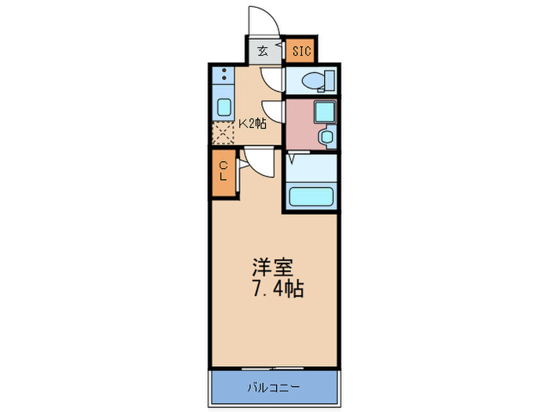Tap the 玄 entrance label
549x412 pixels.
(263, 53)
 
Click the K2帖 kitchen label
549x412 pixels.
(253, 122)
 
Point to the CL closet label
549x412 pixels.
(224, 170)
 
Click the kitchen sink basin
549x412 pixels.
(224, 108)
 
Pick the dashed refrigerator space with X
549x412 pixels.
(224, 134)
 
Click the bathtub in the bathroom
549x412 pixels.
(311, 195)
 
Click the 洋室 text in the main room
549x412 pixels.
(267, 267)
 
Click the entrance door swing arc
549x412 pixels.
(261, 22)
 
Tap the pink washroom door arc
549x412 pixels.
(273, 111)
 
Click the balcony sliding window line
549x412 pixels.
(274, 366)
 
